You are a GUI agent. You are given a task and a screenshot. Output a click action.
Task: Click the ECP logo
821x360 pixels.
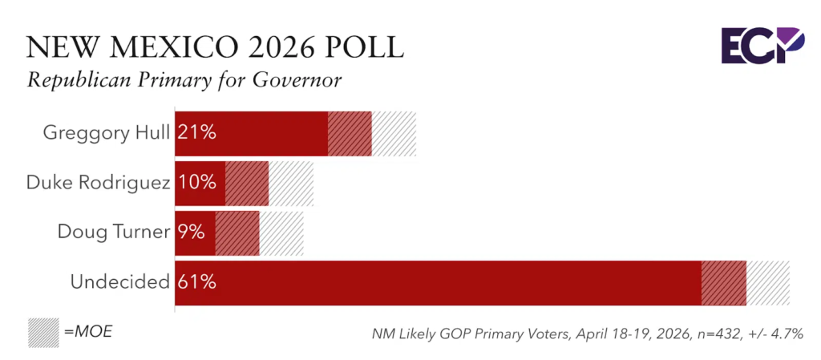coord(761,45)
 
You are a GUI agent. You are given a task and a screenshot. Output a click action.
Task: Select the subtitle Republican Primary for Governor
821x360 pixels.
coord(185,81)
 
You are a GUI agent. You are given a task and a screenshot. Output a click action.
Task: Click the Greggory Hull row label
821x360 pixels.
coord(107,133)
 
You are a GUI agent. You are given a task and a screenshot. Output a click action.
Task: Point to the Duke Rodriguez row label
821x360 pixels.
coord(98,183)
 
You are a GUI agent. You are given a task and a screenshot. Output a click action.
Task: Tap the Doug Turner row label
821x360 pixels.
coord(113,233)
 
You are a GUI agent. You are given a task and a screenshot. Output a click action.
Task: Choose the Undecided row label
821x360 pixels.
coord(119,282)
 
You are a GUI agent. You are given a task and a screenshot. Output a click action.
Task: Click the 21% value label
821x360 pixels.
coord(197,133)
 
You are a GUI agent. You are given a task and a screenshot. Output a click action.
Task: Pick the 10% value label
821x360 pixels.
coord(197,183)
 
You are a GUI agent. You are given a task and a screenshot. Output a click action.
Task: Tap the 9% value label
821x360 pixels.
coord(192,233)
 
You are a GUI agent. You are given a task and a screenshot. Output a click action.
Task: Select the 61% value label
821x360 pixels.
coord(197,282)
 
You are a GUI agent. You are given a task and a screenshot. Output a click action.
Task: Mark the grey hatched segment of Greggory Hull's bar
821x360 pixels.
coord(394,133)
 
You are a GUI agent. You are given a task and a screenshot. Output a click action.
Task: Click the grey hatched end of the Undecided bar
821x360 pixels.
coord(768,282)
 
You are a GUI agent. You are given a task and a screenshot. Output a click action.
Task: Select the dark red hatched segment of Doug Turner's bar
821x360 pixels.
coord(237,233)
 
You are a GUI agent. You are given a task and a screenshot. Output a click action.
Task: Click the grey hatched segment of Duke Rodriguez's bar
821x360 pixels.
coord(291,183)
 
